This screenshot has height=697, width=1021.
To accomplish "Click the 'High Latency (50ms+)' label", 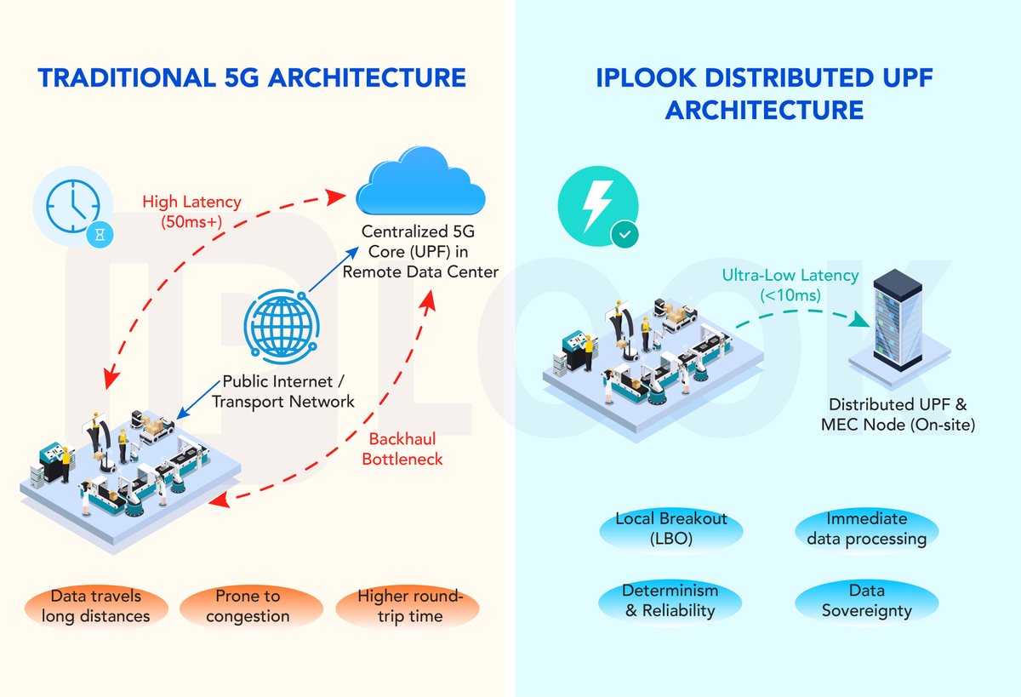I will coord(191,211).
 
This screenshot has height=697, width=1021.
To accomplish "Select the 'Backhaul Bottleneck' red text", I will coord(405,449).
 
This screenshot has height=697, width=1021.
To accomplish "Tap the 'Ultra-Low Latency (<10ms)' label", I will coord(790,285).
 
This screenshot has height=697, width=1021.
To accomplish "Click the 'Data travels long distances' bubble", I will coord(95,606).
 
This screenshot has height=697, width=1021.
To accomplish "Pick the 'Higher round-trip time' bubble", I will coord(408,606).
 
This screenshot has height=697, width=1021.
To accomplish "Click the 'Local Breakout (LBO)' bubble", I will coord(671,528).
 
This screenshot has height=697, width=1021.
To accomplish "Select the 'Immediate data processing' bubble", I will coord(866,528).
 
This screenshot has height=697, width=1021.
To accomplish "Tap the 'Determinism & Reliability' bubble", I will coord(670,601).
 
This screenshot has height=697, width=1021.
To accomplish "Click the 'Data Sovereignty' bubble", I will coord(866,601).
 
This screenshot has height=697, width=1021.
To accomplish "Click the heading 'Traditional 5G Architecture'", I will coord(252,78).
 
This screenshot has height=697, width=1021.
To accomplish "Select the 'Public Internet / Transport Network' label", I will coord(283,391).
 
